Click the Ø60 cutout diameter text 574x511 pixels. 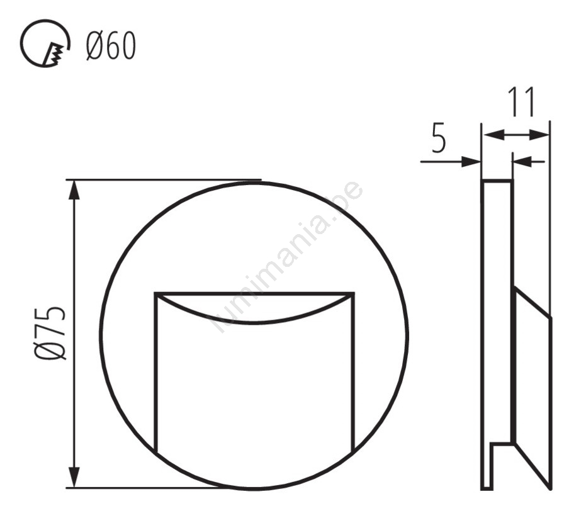111,46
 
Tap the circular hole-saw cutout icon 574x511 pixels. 45,43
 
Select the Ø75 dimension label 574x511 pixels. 50,334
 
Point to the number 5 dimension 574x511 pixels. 439,139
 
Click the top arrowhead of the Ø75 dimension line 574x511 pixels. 75,189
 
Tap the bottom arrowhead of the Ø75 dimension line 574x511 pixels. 75,477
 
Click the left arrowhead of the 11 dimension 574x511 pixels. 493,135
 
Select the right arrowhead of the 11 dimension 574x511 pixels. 539,135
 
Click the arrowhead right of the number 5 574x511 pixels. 471,161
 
